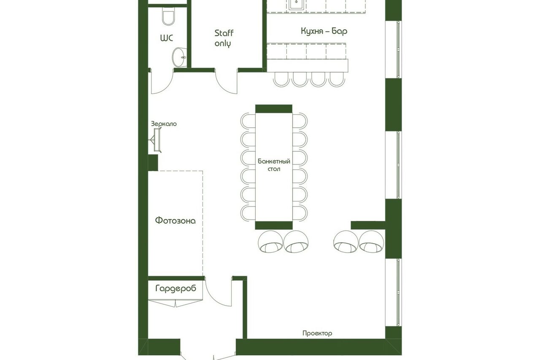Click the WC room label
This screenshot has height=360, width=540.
[x=167, y=38]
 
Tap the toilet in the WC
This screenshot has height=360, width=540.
[x=168, y=16]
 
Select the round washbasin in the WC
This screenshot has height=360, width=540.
[x=179, y=57]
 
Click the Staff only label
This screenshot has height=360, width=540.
[x=224, y=38]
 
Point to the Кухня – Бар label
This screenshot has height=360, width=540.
[x=324, y=31]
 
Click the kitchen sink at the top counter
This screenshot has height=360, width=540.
[x=296, y=5]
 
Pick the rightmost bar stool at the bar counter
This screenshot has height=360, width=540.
[x=337, y=79]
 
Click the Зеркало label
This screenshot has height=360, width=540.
[x=164, y=124]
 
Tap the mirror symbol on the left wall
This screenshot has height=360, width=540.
[x=156, y=140]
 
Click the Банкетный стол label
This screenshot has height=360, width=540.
[x=274, y=165]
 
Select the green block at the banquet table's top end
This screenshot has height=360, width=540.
[x=274, y=109]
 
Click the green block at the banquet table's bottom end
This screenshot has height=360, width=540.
[x=274, y=225]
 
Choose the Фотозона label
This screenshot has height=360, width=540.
[x=175, y=220]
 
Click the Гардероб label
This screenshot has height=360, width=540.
[x=176, y=288]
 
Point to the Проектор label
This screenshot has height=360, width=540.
[x=317, y=333]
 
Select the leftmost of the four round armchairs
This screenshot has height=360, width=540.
[x=270, y=242]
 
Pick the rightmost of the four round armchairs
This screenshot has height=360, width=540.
[x=371, y=242]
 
